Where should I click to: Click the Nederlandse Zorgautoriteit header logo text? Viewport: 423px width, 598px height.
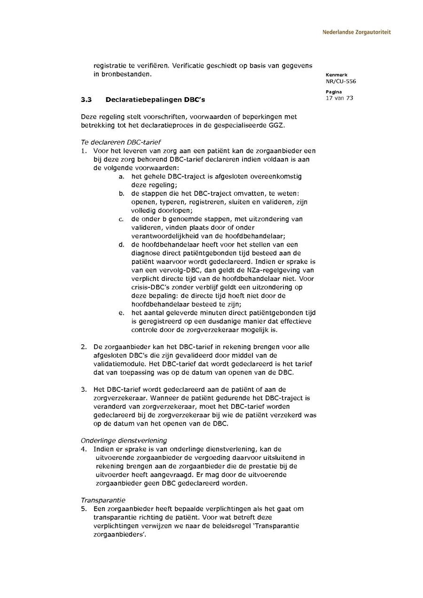coord(356,32)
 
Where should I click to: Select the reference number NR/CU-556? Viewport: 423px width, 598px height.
coord(340,81)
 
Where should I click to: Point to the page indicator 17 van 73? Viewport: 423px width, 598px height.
coord(339,98)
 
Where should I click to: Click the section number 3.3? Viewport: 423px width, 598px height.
coord(86,100)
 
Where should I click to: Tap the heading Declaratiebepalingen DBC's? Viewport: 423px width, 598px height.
coord(155,100)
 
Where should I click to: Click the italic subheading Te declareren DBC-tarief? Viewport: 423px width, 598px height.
coord(121,142)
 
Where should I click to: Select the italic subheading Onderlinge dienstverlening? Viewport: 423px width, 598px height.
coord(124,441)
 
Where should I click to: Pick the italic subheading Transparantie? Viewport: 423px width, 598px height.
coord(103,500)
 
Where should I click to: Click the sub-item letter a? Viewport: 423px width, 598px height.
coord(121,177)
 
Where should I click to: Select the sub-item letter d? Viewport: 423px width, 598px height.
coord(121,245)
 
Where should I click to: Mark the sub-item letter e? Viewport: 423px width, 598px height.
coord(121,313)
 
